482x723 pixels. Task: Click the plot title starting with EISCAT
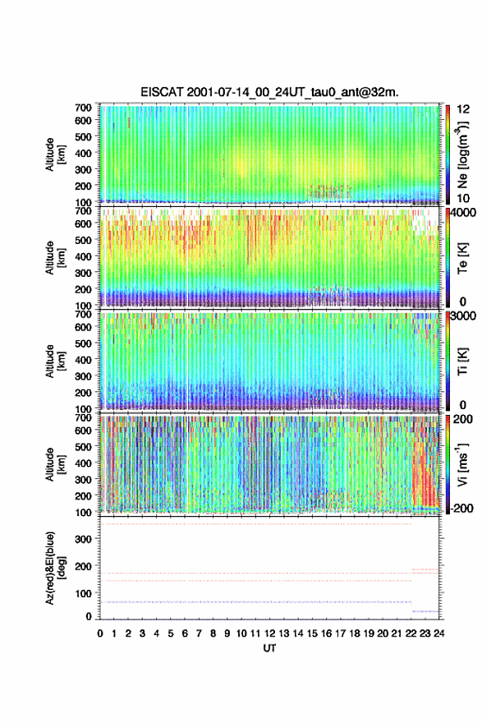pos(269,92)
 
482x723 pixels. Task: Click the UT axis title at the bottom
pos(269,648)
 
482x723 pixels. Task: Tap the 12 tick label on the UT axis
pos(269,633)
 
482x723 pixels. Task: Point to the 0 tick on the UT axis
pos(100,633)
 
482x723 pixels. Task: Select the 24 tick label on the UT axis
pos(438,633)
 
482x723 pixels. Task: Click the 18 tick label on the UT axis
pos(355,633)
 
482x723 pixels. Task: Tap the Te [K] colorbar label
pos(462,258)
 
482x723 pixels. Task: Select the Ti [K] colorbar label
pos(462,361)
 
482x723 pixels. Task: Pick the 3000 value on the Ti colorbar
pos(464,315)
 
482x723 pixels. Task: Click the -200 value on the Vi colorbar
pos(460,508)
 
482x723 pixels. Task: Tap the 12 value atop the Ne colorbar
pos(464,109)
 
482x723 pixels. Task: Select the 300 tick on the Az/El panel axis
pos(84,539)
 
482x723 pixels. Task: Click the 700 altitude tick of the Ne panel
pos(83,108)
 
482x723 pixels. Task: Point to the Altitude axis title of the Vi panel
pos(55,464)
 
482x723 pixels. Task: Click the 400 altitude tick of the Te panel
pos(83,256)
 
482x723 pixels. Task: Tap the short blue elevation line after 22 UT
pos(425,611)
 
